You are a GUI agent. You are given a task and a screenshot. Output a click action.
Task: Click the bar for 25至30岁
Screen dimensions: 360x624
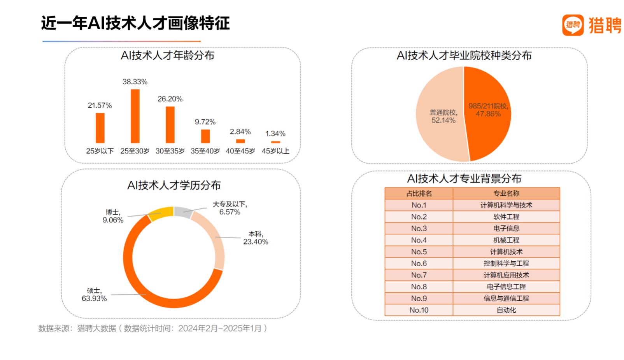[x=135, y=116]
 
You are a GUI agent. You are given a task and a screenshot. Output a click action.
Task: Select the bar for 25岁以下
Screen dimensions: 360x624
[x=100, y=128]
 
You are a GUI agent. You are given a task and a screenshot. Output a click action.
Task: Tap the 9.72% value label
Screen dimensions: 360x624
[x=205, y=122]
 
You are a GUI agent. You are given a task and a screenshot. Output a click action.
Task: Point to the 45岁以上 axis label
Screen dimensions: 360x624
[x=275, y=151]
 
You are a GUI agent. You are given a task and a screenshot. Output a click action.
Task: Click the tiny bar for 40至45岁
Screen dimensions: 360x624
[x=240, y=141]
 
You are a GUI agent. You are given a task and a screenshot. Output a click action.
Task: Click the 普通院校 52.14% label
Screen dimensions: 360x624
[x=443, y=117]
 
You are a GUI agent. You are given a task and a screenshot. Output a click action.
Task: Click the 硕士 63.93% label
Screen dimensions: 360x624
[x=94, y=295]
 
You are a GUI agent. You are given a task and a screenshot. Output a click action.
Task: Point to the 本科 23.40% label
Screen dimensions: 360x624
[x=256, y=238]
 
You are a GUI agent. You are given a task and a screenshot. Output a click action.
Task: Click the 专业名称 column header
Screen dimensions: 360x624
[x=506, y=194]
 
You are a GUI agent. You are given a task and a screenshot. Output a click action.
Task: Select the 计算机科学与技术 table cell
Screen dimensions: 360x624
[x=506, y=205]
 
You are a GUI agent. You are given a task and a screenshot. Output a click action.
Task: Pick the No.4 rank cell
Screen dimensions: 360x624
[x=419, y=240]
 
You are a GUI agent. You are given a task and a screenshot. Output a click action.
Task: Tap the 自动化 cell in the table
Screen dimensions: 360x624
[x=506, y=310]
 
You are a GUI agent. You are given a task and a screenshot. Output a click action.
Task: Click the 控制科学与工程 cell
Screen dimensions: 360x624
[x=506, y=264]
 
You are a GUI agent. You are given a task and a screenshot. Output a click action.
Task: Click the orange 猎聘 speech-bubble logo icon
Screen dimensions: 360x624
[x=573, y=25]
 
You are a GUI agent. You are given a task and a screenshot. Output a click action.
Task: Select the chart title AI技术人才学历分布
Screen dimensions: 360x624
[x=174, y=185]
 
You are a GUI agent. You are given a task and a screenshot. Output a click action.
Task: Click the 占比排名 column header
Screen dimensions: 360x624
[x=419, y=194]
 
